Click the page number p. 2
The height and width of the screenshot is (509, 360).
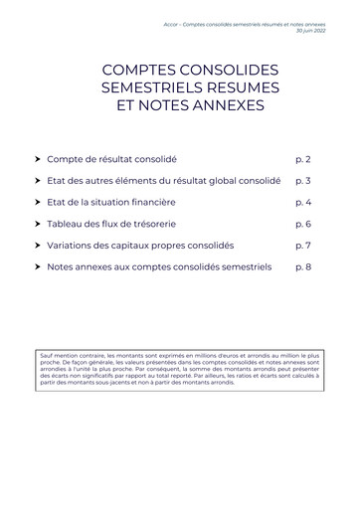(x=303, y=159)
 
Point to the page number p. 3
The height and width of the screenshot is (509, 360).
(x=303, y=181)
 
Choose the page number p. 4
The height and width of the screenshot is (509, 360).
(x=303, y=202)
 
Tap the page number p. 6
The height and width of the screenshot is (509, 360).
(x=303, y=224)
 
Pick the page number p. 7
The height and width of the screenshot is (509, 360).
(x=303, y=245)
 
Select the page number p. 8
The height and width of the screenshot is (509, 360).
(x=303, y=266)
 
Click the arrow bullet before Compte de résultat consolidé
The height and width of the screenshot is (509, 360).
(x=38, y=159)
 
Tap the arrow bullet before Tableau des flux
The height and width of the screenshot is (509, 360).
(x=38, y=224)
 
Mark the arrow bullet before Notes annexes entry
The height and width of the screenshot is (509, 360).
(x=38, y=266)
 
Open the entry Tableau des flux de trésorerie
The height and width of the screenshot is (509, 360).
(x=117, y=224)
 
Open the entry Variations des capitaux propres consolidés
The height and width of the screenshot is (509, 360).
(x=140, y=245)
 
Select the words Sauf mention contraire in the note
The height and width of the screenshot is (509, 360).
(x=67, y=354)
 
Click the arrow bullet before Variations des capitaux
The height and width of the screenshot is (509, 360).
(x=38, y=245)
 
